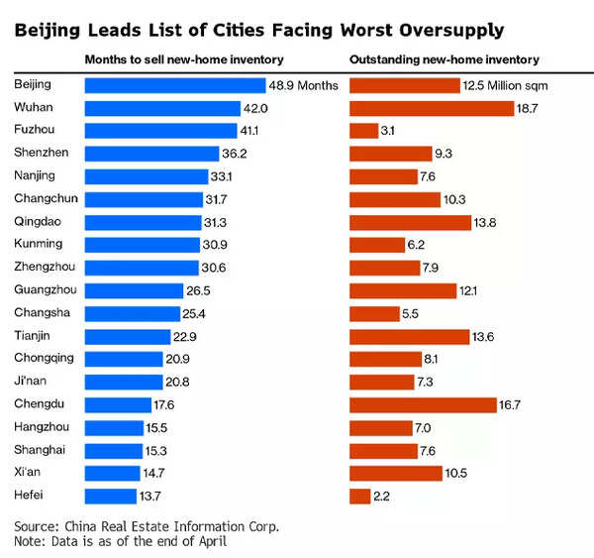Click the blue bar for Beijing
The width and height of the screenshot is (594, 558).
[175, 85]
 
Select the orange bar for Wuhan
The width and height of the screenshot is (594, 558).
[431, 108]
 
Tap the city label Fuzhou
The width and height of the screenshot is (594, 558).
[36, 131]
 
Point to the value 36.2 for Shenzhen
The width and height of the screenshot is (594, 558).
[235, 154]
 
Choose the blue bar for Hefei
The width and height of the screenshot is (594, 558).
[110, 496]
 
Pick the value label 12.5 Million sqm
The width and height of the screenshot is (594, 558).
[505, 86]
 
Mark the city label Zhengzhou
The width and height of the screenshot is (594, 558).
[46, 267]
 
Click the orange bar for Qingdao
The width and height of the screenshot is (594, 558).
[410, 222]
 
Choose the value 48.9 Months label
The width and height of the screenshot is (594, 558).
[305, 86]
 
